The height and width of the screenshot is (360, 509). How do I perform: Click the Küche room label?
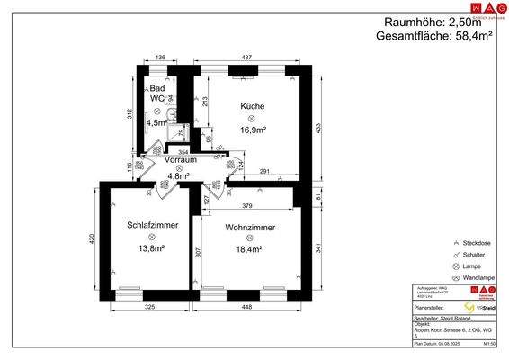253,106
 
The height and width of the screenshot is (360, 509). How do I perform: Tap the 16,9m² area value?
253,129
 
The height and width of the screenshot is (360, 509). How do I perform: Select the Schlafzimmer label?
151,226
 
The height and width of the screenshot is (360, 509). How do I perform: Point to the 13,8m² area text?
151,248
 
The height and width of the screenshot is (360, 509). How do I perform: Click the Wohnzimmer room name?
250,226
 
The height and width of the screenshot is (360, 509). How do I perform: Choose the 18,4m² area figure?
250,248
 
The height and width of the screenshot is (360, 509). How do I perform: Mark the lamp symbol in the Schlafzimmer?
151,238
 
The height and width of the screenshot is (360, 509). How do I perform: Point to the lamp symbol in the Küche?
253,118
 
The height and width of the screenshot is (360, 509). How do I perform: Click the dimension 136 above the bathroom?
160,58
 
